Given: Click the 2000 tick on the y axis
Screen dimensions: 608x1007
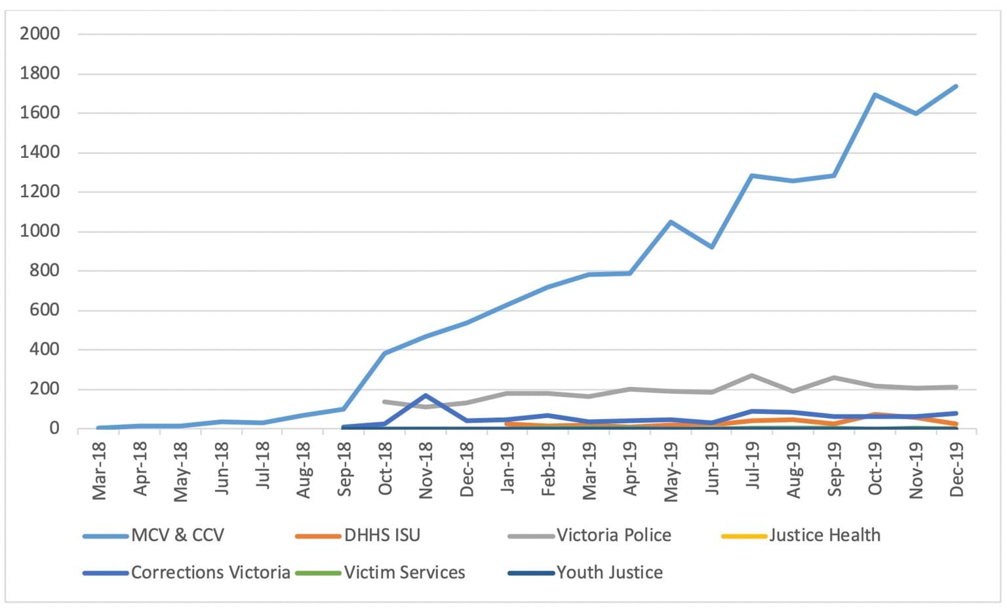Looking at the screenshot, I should (x=40, y=33).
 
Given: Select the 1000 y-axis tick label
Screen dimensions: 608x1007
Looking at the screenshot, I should (x=40, y=231).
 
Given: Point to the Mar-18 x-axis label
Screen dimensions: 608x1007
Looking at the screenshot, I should (x=99, y=470).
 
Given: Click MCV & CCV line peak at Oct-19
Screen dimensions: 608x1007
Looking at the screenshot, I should (x=875, y=94).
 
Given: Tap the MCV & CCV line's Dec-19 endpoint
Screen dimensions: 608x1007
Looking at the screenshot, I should (x=957, y=86).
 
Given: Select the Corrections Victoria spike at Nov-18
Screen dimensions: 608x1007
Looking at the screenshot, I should (x=426, y=395).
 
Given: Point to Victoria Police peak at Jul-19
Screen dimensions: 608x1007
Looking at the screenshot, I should (x=752, y=375).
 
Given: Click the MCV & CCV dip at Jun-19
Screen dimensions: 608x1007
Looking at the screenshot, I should (x=711, y=247).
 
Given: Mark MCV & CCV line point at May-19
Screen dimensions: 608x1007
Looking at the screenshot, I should (x=671, y=222).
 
